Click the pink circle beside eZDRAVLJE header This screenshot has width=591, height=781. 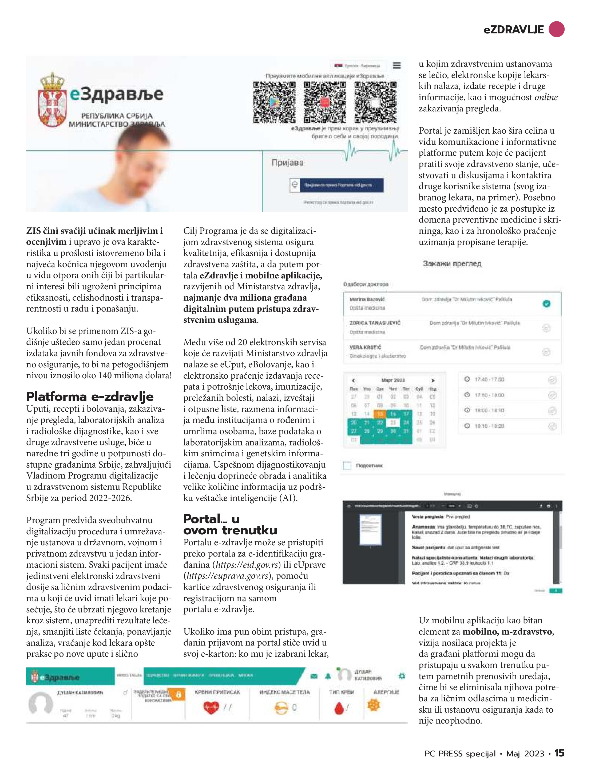[556, 29]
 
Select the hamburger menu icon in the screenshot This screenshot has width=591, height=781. [397, 66]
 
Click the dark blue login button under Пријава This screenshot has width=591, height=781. [341, 185]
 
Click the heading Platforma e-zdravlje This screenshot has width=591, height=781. [90, 397]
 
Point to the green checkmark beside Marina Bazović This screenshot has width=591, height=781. [546, 303]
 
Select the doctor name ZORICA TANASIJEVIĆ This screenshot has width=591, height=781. [375, 323]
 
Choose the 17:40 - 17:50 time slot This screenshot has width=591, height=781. [489, 380]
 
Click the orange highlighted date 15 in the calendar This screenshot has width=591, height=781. [380, 414]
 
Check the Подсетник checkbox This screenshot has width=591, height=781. [347, 466]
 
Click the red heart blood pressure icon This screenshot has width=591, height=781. [211, 707]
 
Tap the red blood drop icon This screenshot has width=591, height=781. [339, 708]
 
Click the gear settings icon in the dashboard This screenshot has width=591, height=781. [402, 676]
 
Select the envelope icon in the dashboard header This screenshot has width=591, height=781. [314, 676]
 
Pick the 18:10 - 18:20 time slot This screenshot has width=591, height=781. [489, 426]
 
